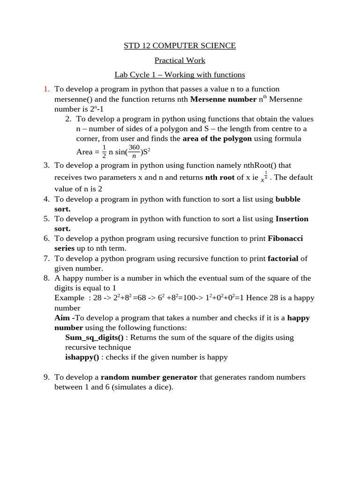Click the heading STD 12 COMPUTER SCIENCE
click(x=180, y=46)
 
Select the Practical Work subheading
click(x=180, y=60)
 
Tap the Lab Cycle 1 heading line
click(x=180, y=75)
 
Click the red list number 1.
click(x=46, y=89)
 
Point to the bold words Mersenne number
click(x=223, y=99)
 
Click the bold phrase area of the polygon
click(x=217, y=139)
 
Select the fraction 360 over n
click(x=134, y=151)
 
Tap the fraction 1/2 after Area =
click(x=104, y=151)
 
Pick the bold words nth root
click(x=220, y=178)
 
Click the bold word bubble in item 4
click(x=288, y=199)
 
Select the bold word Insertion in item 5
click(x=292, y=219)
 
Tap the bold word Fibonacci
click(x=285, y=239)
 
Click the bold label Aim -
click(x=65, y=318)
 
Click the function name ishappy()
click(x=82, y=357)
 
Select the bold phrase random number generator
click(x=149, y=377)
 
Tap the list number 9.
click(x=46, y=377)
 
